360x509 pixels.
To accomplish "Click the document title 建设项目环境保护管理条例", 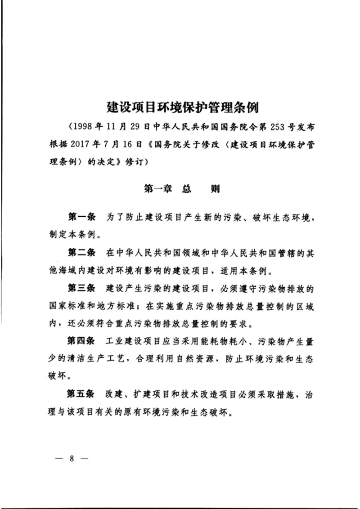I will [x=183, y=108].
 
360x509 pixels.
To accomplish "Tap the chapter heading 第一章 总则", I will [x=181, y=190].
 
